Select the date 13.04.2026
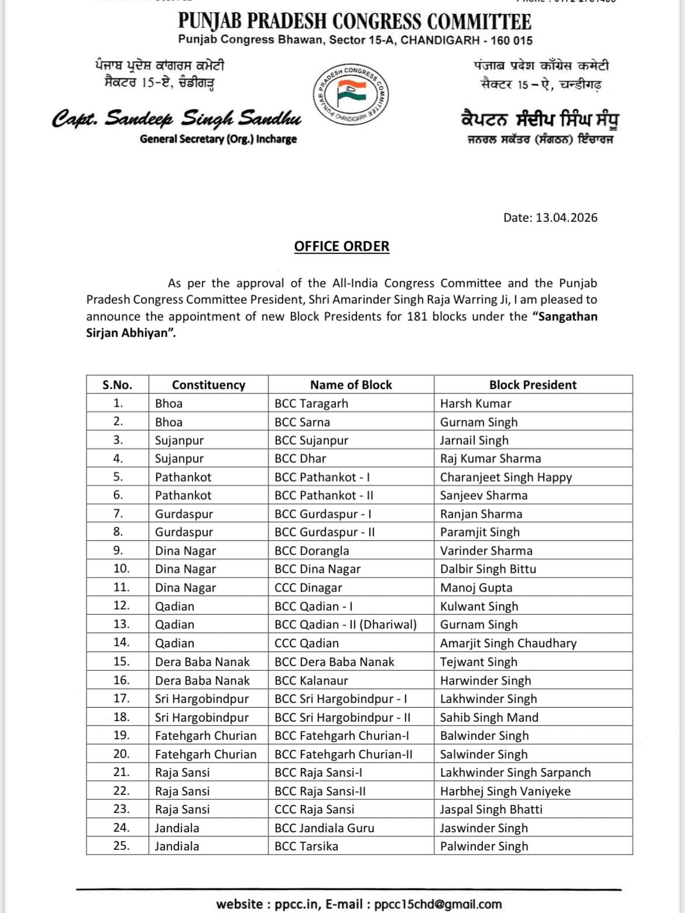566,218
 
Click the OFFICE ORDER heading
341,246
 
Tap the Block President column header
533,385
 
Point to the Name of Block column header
351,385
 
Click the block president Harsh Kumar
475,404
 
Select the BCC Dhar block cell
300,459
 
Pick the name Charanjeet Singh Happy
506,477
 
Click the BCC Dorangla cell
311,551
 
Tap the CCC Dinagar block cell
308,588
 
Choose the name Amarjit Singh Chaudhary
508,643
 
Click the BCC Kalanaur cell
311,680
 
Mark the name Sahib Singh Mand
489,718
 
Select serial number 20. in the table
121,754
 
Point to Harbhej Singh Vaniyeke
505,791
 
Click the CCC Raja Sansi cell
314,809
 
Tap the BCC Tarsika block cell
306,846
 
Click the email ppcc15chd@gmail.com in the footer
438,904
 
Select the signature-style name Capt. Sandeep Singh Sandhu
177,119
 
